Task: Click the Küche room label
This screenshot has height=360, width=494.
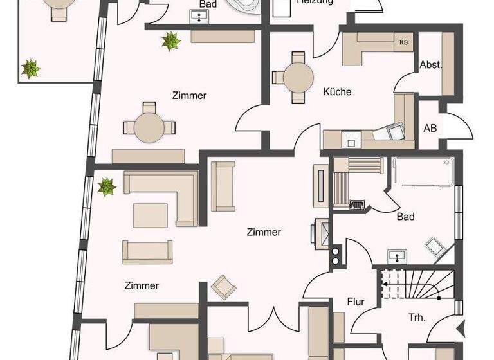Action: click(x=337, y=92)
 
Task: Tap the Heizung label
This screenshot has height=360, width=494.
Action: click(x=315, y=3)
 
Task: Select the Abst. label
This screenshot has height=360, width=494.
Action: click(x=431, y=65)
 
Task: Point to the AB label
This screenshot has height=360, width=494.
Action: click(x=430, y=128)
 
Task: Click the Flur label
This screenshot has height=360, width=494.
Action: click(x=356, y=301)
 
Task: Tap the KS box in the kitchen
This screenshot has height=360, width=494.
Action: click(x=404, y=42)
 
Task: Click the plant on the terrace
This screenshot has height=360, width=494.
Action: click(x=30, y=68)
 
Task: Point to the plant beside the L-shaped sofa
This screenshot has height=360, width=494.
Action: click(x=106, y=187)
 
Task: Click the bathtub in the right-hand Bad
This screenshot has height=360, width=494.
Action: click(x=423, y=173)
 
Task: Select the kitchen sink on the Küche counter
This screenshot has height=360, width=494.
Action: click(x=351, y=136)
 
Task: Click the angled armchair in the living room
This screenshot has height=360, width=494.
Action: click(x=223, y=287)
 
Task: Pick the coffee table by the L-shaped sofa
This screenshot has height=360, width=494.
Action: click(x=151, y=215)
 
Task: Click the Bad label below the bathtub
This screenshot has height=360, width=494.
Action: click(x=405, y=217)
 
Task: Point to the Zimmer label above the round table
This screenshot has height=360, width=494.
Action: click(x=189, y=96)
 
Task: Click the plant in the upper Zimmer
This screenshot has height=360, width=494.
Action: click(x=171, y=42)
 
